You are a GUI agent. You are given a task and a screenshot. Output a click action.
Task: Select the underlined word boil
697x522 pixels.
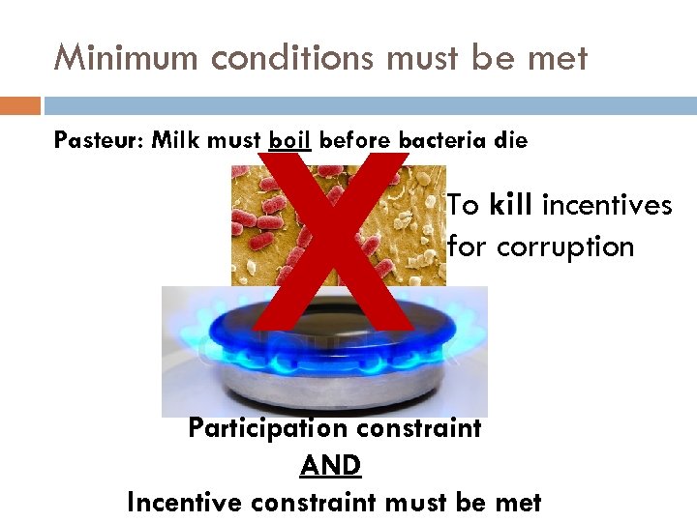[x=289, y=141]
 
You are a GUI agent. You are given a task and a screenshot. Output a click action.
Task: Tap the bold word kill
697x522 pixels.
[x=513, y=205]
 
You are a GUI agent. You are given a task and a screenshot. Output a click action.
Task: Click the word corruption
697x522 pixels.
[x=565, y=247]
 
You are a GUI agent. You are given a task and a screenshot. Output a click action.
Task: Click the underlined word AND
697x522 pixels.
[x=331, y=465]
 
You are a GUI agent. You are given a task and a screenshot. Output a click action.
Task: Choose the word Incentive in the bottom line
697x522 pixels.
[x=187, y=503]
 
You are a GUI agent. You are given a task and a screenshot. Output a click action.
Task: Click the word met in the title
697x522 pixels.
[x=558, y=59]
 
